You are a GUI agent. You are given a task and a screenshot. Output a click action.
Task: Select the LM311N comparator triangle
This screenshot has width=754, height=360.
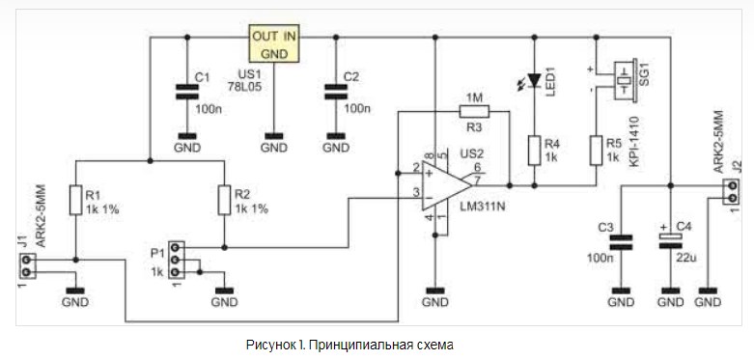pyautogui.click(x=446, y=185)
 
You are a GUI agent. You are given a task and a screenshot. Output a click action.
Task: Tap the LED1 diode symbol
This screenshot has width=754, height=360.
pyautogui.click(x=534, y=79)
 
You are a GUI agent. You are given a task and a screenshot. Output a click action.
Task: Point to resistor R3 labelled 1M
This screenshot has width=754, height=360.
pyautogui.click(x=474, y=112)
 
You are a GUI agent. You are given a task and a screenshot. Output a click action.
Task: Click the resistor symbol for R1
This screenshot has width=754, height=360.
pyautogui.click(x=76, y=200)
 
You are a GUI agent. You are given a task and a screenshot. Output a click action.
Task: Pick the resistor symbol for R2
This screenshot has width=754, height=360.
pyautogui.click(x=224, y=200)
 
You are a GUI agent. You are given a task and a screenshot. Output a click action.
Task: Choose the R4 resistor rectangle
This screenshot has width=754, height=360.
pyautogui.click(x=534, y=151)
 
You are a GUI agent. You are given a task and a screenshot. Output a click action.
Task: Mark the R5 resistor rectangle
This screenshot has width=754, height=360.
pyautogui.click(x=596, y=151)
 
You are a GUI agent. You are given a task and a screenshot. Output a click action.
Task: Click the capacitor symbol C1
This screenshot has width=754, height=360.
pyautogui.click(x=186, y=92)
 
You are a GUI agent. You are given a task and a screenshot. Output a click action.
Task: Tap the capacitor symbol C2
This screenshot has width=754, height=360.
pyautogui.click(x=335, y=92)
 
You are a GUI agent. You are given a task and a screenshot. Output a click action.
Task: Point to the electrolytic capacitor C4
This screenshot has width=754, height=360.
pyautogui.click(x=670, y=240)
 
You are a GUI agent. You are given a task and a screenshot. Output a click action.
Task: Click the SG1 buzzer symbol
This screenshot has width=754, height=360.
pyautogui.click(x=626, y=81)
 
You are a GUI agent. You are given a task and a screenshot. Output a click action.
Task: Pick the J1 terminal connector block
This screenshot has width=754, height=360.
pyautogui.click(x=26, y=266)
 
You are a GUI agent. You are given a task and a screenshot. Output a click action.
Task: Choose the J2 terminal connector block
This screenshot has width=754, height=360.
pyautogui.click(x=733, y=191)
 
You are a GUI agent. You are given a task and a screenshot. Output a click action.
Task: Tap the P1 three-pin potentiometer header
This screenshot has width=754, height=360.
pyautogui.click(x=177, y=260)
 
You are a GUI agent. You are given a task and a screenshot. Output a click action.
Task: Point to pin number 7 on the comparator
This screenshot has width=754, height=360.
pyautogui.click(x=478, y=180)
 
